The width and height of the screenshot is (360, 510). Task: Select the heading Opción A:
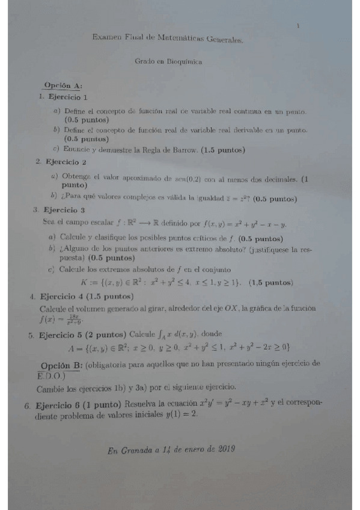pyautogui.click(x=63, y=86)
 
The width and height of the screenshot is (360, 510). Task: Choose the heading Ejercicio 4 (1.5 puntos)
pyautogui.click(x=81, y=296)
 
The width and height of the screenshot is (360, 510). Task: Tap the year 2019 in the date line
pyautogui.click(x=224, y=449)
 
